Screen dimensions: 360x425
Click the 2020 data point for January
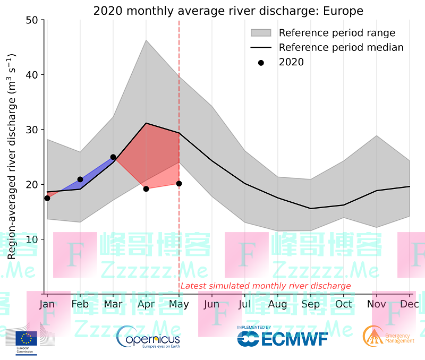(47, 198)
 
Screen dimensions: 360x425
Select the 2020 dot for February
(80, 179)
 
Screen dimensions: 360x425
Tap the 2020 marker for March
(113, 157)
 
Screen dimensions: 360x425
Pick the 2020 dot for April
(146, 189)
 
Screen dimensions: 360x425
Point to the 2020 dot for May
(179, 184)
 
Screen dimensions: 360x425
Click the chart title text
(228, 11)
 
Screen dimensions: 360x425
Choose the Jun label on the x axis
(211, 304)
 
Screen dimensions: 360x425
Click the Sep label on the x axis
(311, 304)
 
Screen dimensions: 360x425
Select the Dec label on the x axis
(410, 304)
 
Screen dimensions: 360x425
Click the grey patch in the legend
(261, 33)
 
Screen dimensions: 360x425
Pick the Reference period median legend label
(341, 47)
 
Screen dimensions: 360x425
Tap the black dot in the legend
(261, 62)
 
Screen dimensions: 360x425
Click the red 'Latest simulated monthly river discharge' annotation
(266, 286)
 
